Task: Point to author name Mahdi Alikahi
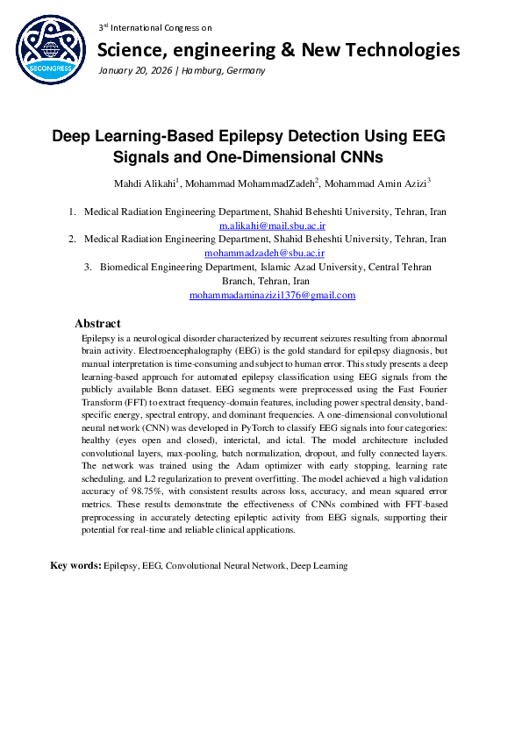point(145,183)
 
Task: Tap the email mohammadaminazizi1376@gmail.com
point(272,295)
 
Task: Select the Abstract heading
point(97,324)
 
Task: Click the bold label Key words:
point(75,566)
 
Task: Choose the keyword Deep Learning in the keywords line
point(319,566)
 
